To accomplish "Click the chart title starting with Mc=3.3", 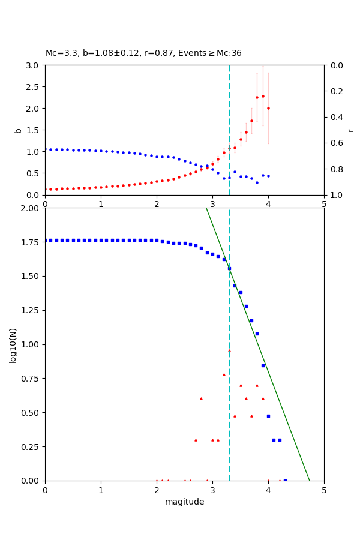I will click(x=143, y=53).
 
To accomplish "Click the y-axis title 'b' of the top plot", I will click(x=18, y=130).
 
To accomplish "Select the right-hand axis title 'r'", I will click(x=350, y=130).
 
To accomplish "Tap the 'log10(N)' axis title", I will click(x=13, y=345).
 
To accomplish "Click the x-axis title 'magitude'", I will click(x=184, y=502).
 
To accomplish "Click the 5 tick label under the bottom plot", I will click(x=324, y=491).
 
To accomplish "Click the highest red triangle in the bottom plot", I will click(x=229, y=350).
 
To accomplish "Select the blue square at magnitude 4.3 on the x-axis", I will click(x=285, y=481).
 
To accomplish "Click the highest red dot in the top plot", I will click(x=262, y=96).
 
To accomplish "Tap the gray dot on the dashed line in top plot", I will click(x=229, y=148).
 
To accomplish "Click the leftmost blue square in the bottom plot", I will click(x=45, y=240).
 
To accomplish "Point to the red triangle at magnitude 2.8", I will click(x=201, y=398).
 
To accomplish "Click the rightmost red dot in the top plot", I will click(x=268, y=109).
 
